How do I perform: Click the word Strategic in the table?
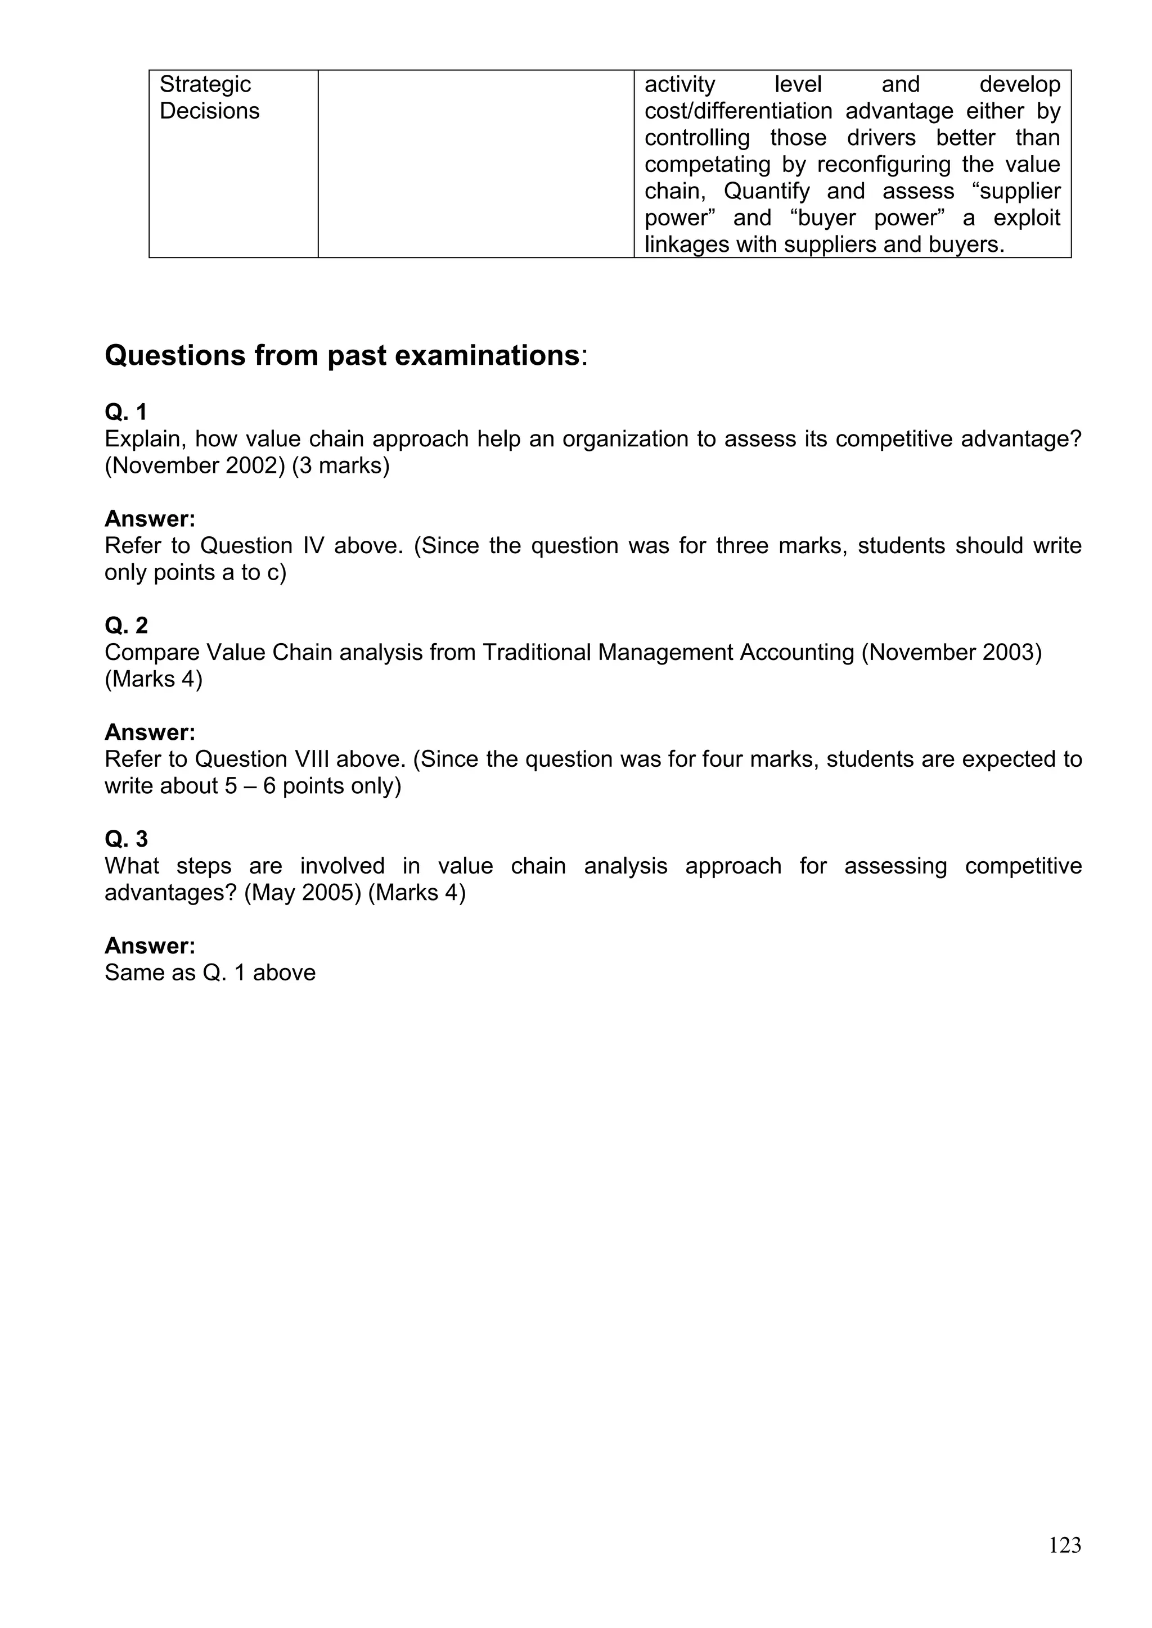coord(205,84)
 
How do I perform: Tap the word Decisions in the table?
coord(209,111)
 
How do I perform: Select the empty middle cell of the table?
coord(475,163)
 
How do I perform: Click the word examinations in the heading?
coord(487,355)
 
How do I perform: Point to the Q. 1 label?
coord(125,412)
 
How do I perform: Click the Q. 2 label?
coord(126,625)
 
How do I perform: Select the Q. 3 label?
coord(126,839)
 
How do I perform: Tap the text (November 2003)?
coord(951,652)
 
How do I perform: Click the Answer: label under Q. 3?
coord(150,946)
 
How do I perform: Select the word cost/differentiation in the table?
coord(738,111)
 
